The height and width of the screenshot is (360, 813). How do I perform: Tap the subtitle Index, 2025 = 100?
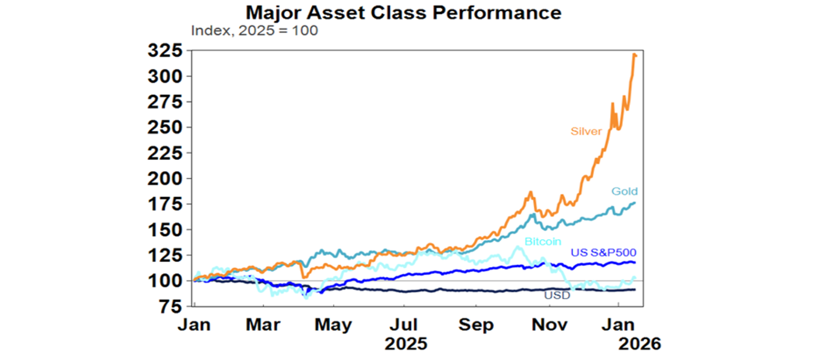click(254, 31)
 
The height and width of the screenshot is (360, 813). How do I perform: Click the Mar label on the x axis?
click(263, 324)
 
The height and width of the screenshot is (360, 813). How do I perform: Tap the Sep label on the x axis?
click(475, 324)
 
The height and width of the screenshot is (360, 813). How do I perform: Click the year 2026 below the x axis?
click(640, 344)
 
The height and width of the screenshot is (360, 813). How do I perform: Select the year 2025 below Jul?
click(405, 344)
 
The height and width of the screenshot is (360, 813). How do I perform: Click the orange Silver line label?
click(586, 131)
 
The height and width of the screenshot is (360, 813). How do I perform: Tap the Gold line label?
click(625, 191)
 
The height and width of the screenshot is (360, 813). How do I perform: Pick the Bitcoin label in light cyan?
click(543, 242)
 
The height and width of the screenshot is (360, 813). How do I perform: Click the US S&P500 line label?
click(603, 253)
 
